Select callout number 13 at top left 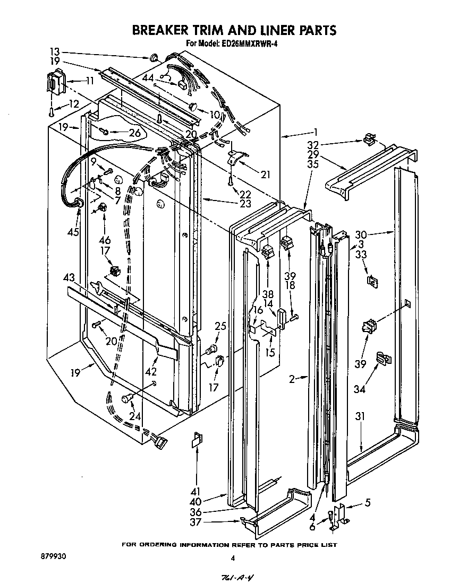(x=55, y=51)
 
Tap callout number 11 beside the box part (x=88, y=81)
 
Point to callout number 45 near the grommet (x=73, y=232)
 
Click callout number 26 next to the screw (x=135, y=133)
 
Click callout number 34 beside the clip (x=360, y=390)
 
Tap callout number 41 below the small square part (x=197, y=492)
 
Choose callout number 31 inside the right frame (x=361, y=416)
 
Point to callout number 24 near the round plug (x=135, y=416)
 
